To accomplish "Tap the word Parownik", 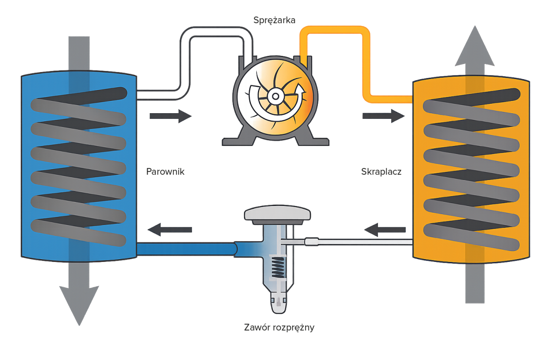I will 165,171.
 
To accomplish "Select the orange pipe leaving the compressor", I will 336,29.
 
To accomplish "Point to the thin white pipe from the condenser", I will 360,242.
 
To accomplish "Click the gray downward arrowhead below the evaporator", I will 79,303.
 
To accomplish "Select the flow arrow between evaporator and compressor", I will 171,116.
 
